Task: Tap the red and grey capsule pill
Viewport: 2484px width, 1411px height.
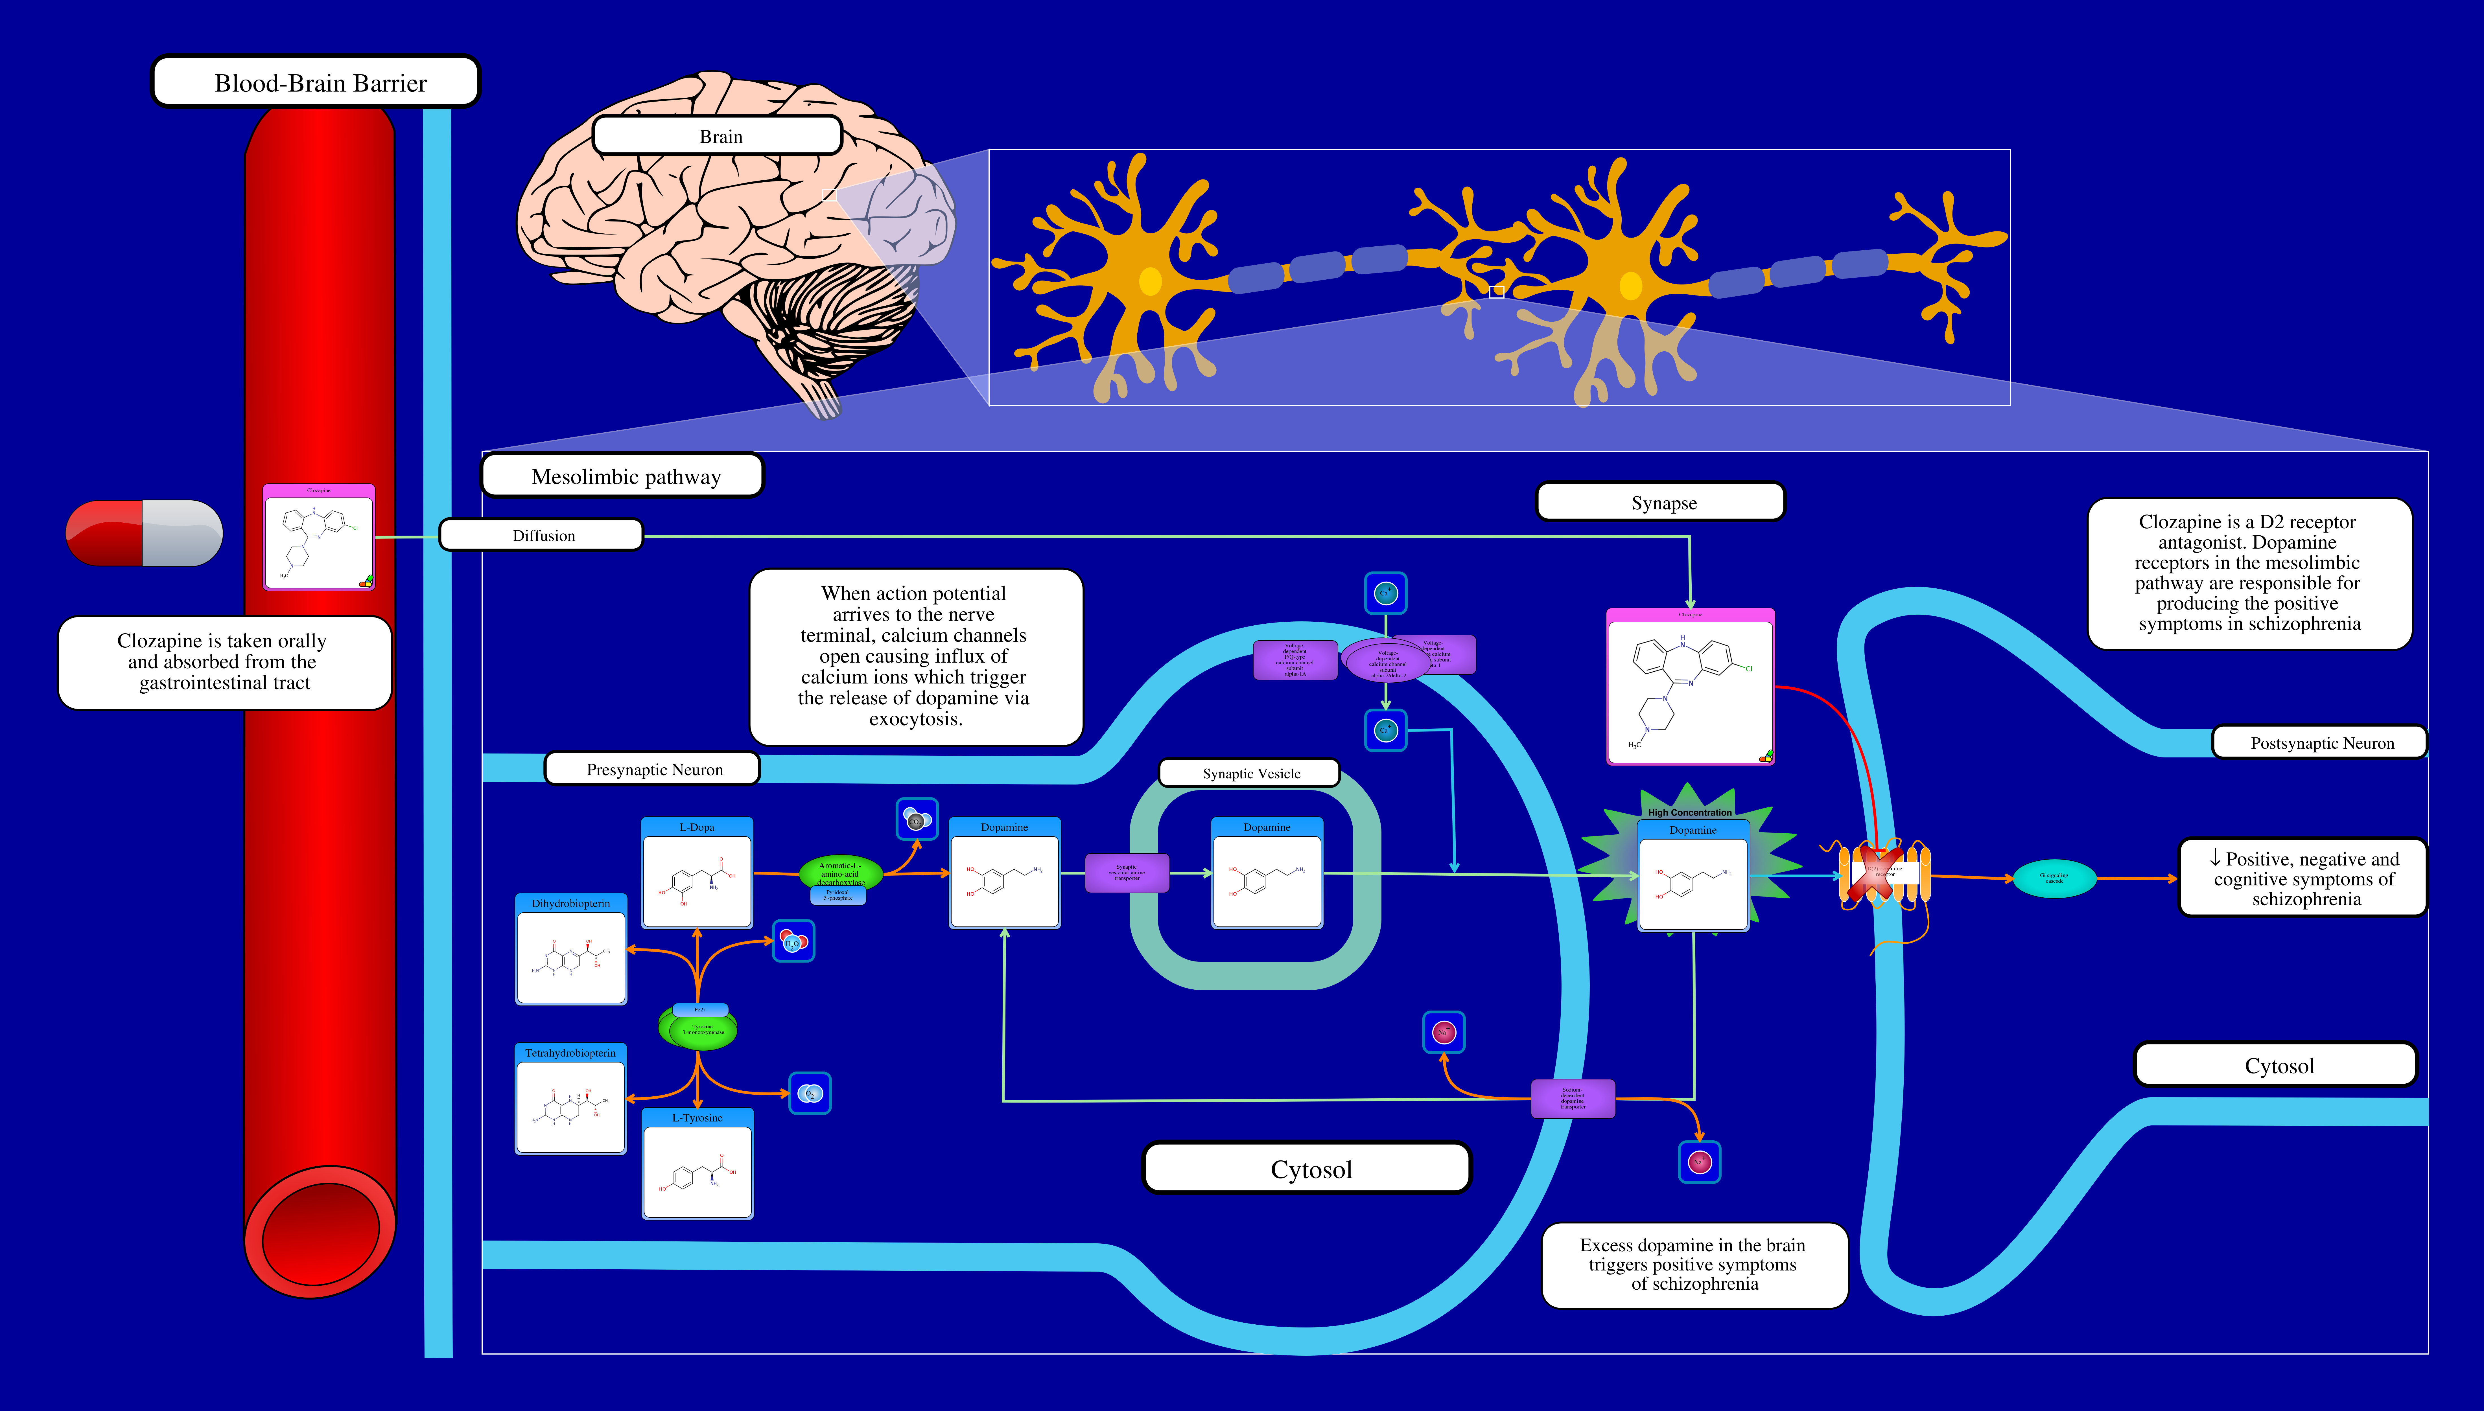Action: [143, 533]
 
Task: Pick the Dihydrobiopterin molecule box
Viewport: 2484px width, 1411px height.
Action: [571, 950]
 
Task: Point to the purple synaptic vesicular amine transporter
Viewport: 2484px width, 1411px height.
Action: [1126, 872]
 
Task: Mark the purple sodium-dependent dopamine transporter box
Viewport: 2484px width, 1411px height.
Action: [1572, 1098]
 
